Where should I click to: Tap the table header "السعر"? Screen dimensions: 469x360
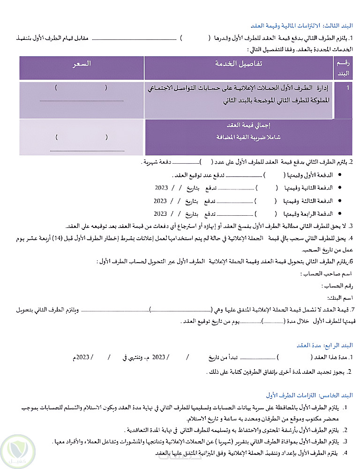point(82,64)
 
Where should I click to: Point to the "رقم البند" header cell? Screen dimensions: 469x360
point(344,68)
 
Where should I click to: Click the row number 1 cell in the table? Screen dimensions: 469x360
point(347,88)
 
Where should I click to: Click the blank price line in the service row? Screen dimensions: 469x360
point(82,100)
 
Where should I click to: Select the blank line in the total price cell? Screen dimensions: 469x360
point(87,151)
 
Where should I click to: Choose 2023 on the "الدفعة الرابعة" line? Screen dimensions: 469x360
point(160,213)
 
